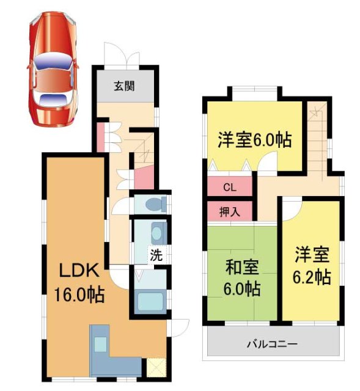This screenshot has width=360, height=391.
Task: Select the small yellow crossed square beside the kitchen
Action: (153, 368)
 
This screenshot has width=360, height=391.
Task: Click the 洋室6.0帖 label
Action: (254, 139)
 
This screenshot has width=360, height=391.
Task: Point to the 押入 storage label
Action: (229, 212)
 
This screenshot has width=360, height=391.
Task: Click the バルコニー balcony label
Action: (273, 345)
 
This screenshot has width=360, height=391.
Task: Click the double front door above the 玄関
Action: (123, 56)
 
